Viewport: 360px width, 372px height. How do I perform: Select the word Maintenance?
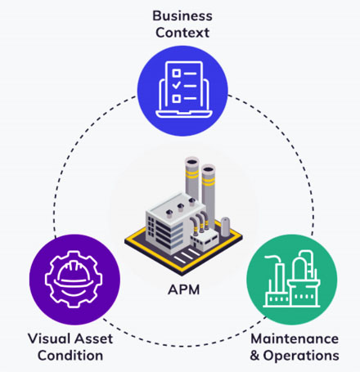tap(293, 338)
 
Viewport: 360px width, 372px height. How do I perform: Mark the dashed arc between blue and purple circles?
tap(78, 155)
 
